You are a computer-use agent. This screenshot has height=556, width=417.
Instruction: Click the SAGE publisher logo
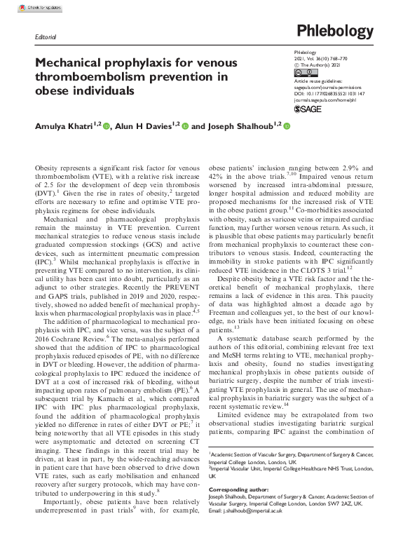point(308,110)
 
